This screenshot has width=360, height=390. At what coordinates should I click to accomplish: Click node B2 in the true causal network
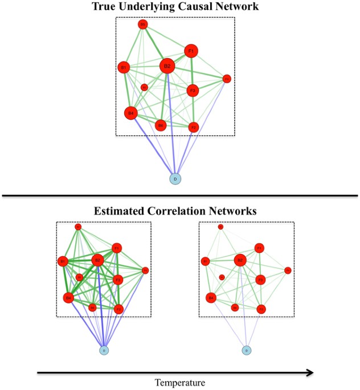167,67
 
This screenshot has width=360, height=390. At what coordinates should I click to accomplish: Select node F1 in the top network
191,51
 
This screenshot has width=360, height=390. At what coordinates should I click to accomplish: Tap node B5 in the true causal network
143,24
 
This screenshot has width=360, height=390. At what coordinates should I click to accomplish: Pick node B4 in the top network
131,113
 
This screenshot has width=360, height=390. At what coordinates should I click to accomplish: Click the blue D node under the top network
175,179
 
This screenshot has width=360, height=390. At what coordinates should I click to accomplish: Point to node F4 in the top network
226,79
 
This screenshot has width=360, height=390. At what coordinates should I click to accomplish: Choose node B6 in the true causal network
161,125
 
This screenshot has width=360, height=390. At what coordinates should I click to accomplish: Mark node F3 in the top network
193,91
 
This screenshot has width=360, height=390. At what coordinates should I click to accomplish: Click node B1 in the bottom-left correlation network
63,261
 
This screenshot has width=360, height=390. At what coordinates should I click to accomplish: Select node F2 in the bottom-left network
118,309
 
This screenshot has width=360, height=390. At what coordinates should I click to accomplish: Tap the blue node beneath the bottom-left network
104,350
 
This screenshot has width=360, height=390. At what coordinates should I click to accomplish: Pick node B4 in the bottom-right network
211,297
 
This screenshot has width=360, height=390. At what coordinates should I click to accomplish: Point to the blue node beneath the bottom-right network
246,350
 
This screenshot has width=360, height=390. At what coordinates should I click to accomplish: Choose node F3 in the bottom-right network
260,280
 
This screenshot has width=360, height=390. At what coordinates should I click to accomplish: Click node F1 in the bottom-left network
116,248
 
